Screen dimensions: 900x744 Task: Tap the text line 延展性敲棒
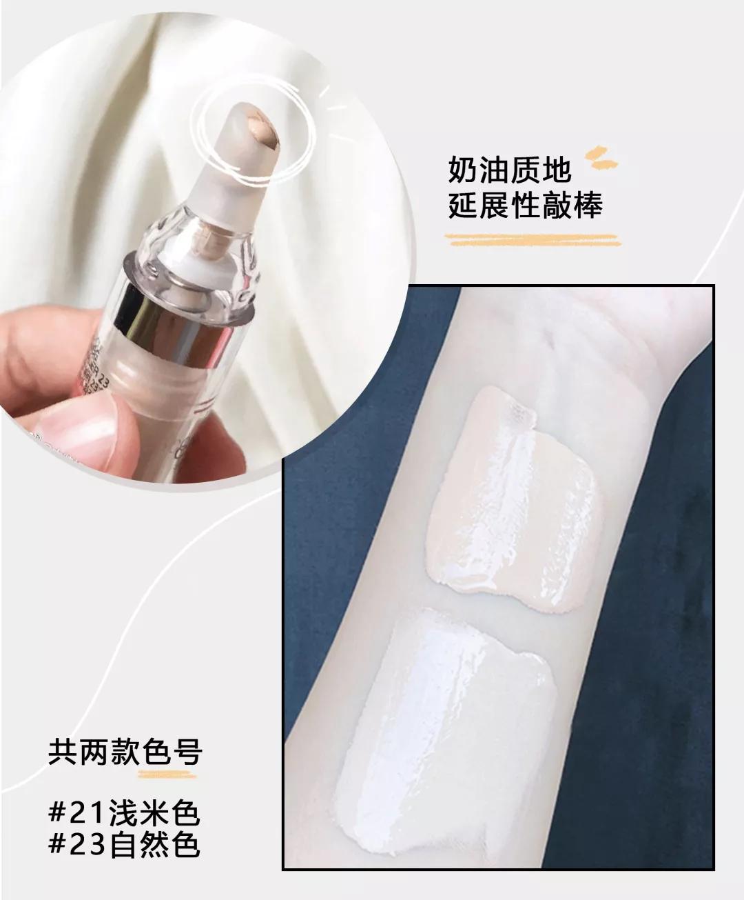[x=526, y=205]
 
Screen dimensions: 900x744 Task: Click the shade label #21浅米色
[x=124, y=814]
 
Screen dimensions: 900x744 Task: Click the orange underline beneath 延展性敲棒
[x=530, y=239]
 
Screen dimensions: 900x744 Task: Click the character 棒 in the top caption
[x=586, y=205]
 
